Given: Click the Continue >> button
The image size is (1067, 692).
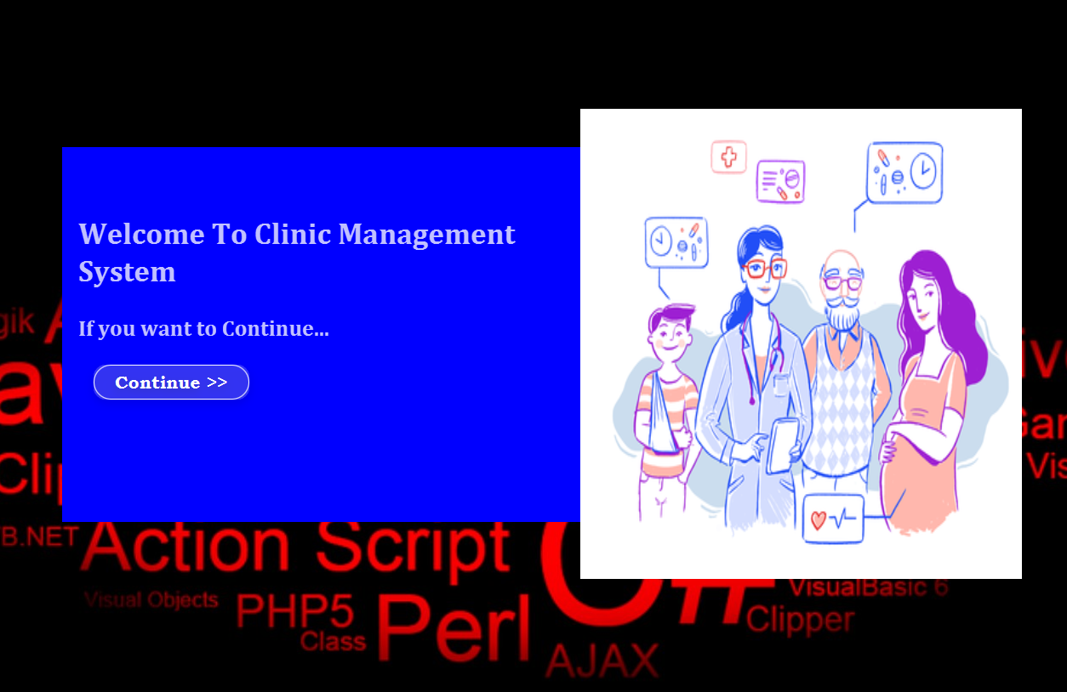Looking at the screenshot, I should coord(171,383).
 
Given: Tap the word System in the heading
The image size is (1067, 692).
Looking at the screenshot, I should coord(127,272).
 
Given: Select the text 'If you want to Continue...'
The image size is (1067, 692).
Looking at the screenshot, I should coord(203,328).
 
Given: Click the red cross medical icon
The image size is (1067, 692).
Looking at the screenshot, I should coord(728,157).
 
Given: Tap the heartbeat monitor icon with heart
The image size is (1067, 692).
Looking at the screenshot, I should coord(833,519).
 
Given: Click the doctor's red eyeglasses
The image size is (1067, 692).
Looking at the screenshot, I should coord(764,269).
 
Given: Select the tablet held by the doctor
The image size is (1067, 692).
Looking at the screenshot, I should coord(782,445).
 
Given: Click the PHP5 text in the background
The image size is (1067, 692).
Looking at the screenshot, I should coord(294,611).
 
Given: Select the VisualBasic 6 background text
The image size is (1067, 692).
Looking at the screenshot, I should coord(868,587).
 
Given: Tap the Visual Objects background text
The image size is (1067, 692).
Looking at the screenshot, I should coord(151,600).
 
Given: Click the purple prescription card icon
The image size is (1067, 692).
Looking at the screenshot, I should coord(780,181).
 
